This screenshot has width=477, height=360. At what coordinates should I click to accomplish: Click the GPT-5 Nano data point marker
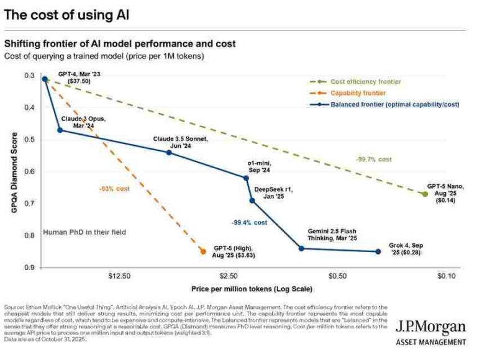425,194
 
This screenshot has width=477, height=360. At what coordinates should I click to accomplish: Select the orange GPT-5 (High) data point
202,251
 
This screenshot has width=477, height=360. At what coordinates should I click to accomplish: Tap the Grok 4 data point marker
378,251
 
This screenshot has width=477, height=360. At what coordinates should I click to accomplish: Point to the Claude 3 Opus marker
60,130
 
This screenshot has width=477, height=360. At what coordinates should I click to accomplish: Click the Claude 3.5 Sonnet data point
169,152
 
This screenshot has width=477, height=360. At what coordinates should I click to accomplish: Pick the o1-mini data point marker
247,178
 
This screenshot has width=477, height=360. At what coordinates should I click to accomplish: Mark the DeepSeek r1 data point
252,200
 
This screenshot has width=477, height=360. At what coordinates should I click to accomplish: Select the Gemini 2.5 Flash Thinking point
302,248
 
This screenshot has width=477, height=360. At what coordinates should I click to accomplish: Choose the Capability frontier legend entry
358,93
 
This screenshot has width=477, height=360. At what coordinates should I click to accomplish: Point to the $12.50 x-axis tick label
119,275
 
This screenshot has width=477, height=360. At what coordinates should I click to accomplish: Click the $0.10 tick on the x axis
446,275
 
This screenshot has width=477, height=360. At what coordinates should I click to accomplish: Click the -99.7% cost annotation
374,160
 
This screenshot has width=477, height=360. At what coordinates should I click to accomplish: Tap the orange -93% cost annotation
114,188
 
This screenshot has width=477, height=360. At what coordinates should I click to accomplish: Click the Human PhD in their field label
84,232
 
